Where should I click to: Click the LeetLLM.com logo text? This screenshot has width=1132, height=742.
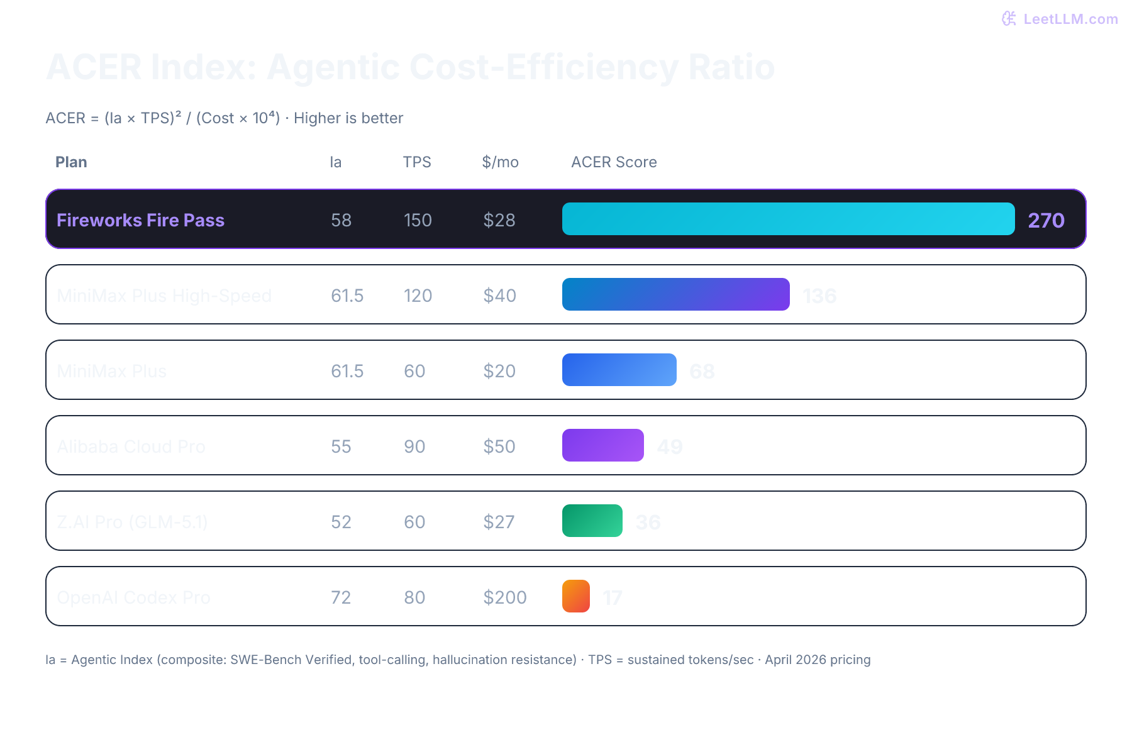(x=1070, y=19)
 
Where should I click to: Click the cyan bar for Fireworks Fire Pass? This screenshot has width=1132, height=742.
(x=788, y=219)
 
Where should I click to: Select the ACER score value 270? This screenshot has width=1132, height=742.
(x=1046, y=220)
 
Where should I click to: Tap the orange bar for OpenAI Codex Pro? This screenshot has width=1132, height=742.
(x=575, y=596)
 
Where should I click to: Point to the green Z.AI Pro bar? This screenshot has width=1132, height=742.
(x=592, y=521)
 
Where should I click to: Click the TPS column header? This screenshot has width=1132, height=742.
(x=416, y=162)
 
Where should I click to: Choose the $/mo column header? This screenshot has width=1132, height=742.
(x=500, y=162)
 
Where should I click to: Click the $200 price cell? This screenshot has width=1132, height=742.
(x=504, y=597)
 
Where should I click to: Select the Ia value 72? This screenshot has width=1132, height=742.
(x=341, y=597)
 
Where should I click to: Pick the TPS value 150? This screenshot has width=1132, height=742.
(x=418, y=220)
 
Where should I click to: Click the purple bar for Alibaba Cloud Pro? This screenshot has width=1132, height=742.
(x=602, y=445)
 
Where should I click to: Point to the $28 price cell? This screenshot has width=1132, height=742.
(x=499, y=220)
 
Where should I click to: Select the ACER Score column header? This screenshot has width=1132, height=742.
(x=613, y=162)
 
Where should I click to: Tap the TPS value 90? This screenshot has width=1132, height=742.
(x=414, y=446)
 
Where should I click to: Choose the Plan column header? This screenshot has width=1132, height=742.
(x=71, y=162)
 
